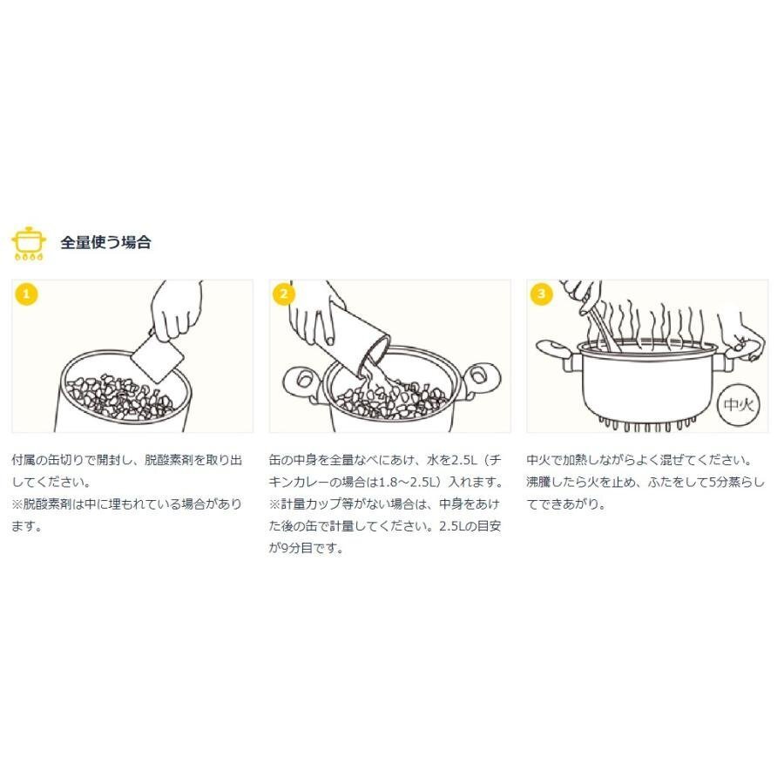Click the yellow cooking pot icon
[29, 244]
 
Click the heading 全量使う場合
[105, 242]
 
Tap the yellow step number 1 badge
[26, 294]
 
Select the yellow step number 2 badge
[284, 294]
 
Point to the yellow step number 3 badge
[542, 294]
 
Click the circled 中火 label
[739, 404]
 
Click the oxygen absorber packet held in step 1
[157, 357]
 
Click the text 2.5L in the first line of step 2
[464, 459]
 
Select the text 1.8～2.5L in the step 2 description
[408, 482]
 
